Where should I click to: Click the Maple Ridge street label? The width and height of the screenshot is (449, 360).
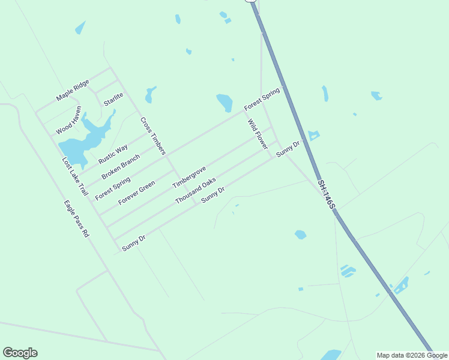[73, 90]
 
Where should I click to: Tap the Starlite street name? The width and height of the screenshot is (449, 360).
[113, 99]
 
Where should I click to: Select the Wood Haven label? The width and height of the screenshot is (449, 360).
[68, 121]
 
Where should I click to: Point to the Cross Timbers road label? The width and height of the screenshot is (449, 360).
[152, 136]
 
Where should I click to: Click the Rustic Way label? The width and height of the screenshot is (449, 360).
[113, 155]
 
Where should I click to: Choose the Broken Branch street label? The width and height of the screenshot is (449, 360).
[121, 167]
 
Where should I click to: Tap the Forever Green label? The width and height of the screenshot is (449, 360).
[137, 192]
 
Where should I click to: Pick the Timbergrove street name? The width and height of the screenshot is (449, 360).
[189, 177]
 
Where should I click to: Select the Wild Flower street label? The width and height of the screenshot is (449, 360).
[258, 134]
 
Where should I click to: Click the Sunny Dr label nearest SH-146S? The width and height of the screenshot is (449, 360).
[288, 149]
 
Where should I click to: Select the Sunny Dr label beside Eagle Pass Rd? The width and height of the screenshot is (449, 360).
[133, 242]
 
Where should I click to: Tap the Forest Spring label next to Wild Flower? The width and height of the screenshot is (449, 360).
[262, 99]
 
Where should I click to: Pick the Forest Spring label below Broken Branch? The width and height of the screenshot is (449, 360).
[113, 188]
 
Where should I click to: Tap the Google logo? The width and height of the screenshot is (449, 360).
[20, 353]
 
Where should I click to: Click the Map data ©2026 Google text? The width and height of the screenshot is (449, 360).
[412, 355]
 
